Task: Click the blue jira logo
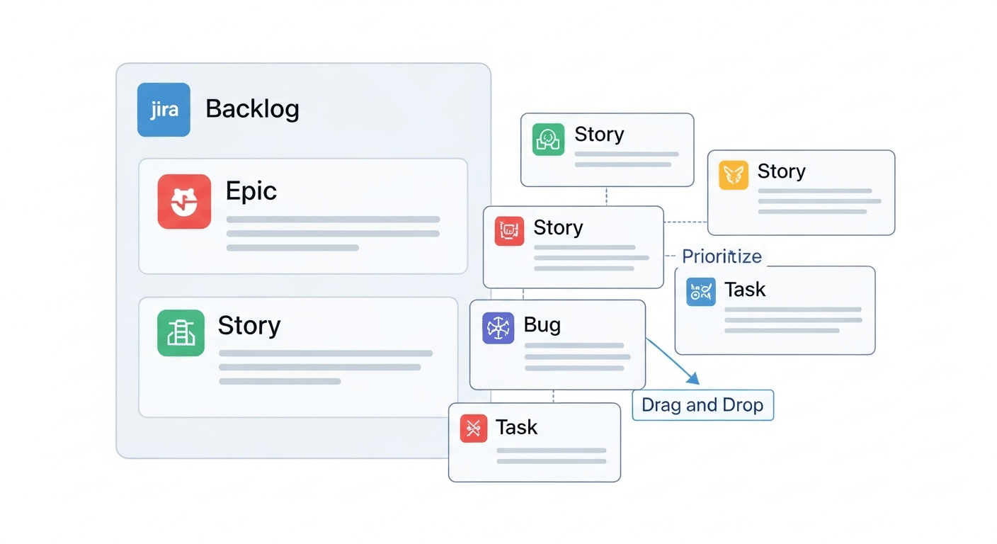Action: click(x=164, y=110)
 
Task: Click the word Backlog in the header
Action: click(x=252, y=109)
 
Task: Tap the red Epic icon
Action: click(x=184, y=201)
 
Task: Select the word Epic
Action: click(x=251, y=191)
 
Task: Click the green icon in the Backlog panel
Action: click(x=181, y=333)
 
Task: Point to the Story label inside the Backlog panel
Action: click(x=249, y=326)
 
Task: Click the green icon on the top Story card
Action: click(x=548, y=140)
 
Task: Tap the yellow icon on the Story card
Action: click(x=734, y=175)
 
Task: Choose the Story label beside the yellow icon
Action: click(x=781, y=171)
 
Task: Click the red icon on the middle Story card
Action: click(x=509, y=231)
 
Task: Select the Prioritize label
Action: click(x=722, y=256)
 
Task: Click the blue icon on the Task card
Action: click(x=700, y=292)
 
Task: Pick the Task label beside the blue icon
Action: click(x=745, y=289)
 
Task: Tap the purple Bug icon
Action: click(x=498, y=329)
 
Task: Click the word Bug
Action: click(x=542, y=325)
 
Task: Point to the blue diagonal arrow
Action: click(x=673, y=361)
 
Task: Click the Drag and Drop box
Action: click(x=702, y=405)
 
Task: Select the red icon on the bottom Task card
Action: click(x=474, y=429)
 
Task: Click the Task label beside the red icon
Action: click(x=516, y=427)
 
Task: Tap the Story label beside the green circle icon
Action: click(x=599, y=135)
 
